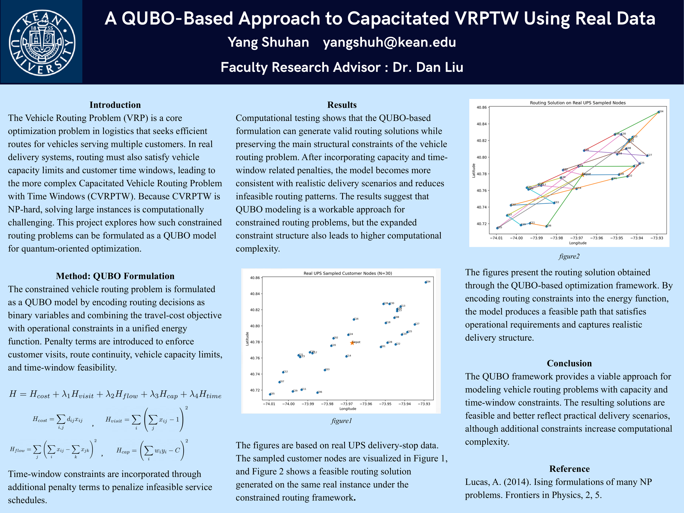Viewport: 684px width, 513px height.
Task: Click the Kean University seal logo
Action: [x=42, y=42]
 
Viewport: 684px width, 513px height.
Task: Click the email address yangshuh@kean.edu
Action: [x=389, y=42]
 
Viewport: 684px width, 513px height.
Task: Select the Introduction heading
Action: [x=115, y=105]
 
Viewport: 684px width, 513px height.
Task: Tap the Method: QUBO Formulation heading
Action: [x=115, y=276]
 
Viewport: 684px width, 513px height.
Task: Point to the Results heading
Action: [x=342, y=105]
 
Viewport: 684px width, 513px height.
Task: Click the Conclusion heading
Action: [x=569, y=363]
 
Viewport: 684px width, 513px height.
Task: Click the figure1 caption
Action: [x=341, y=421]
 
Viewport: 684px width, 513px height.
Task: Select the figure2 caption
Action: [x=569, y=256]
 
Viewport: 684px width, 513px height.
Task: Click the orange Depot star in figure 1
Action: [x=352, y=343]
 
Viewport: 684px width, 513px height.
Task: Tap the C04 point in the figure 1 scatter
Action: [x=426, y=282]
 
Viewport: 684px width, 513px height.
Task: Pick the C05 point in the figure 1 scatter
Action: [x=270, y=394]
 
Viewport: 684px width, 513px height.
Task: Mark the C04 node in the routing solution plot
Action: [x=658, y=112]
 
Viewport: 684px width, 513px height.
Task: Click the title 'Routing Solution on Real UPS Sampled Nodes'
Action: [x=578, y=103]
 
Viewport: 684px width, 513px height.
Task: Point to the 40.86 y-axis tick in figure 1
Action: [x=255, y=278]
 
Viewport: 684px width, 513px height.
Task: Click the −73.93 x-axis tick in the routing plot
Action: [x=656, y=238]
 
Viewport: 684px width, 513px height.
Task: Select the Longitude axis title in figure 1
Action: [x=347, y=409]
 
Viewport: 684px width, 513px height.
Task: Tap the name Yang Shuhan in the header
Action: [x=268, y=42]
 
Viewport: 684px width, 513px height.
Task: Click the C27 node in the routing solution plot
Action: [x=647, y=155]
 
